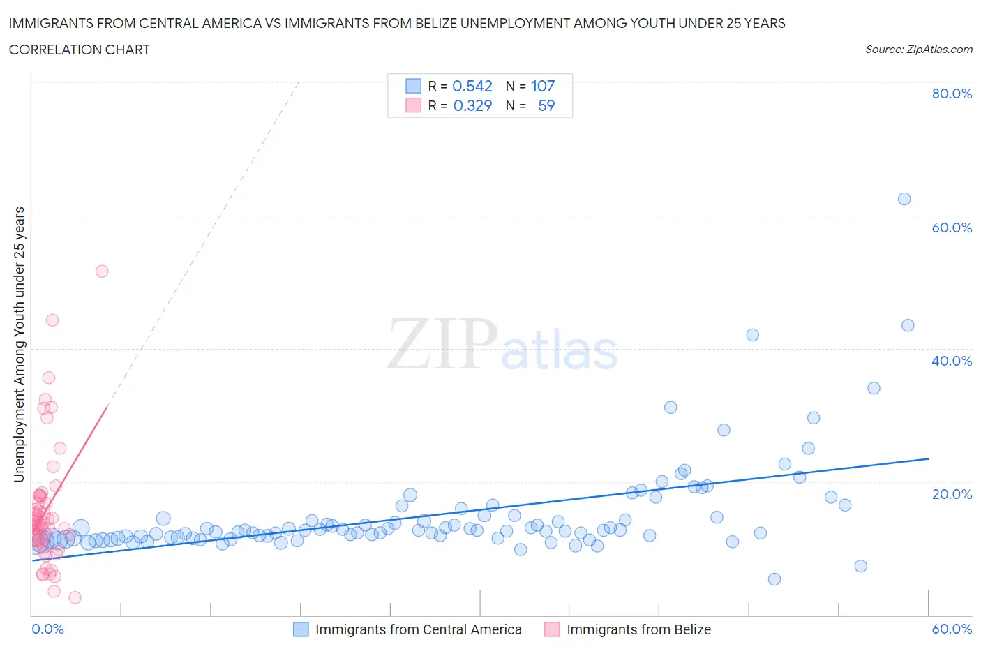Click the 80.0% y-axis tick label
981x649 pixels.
tap(952, 94)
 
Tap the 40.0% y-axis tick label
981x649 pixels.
tap(952, 361)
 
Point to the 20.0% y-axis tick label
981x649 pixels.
tap(952, 494)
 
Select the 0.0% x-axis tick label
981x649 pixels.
tap(47, 629)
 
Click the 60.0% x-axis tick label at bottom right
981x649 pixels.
tap(952, 629)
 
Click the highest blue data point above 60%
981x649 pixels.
tap(904, 199)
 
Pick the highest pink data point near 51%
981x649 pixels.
tap(102, 271)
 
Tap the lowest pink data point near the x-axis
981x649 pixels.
tap(75, 597)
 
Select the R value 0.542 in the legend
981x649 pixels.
tap(472, 86)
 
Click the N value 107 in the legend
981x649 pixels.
tap(543, 86)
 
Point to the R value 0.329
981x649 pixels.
tap(472, 105)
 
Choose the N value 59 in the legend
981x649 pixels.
tap(546, 105)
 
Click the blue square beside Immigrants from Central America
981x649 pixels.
tap(301, 629)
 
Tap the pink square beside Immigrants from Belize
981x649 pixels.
tap(552, 629)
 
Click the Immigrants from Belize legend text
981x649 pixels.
tap(638, 629)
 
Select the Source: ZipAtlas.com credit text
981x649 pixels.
tap(919, 50)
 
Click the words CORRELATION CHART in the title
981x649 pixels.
tap(80, 50)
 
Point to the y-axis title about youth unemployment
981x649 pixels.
tap(20, 344)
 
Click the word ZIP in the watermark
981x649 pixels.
tap(442, 343)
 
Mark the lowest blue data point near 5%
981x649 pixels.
tap(774, 579)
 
